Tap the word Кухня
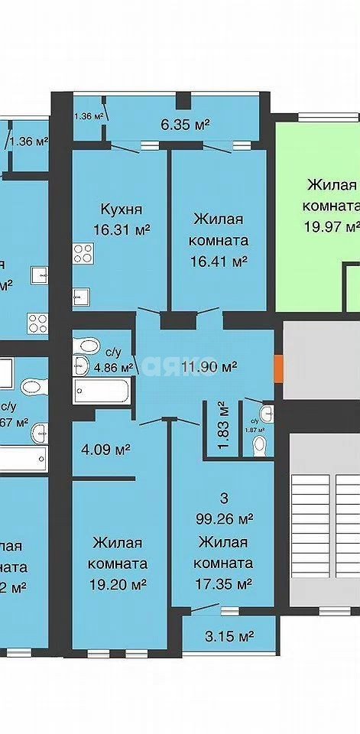[x=122, y=208]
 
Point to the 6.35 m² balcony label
[x=185, y=124]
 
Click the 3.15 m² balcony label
[x=229, y=635]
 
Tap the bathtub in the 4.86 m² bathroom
[x=102, y=392]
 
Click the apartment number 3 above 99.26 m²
[x=224, y=498]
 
